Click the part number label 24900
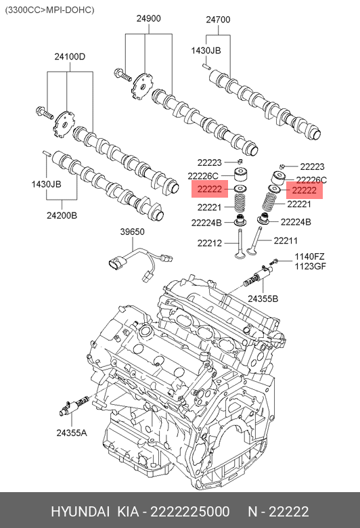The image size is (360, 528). click(148, 18)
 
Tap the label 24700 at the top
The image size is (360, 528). click(218, 20)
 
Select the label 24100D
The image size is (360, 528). click(70, 57)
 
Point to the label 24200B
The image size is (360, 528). click(62, 215)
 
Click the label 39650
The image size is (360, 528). click(133, 232)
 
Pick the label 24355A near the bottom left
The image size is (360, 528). click(72, 433)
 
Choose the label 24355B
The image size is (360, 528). click(263, 299)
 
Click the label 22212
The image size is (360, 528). click(210, 243)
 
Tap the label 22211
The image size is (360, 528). click(286, 240)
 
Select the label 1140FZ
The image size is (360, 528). click(310, 257)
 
